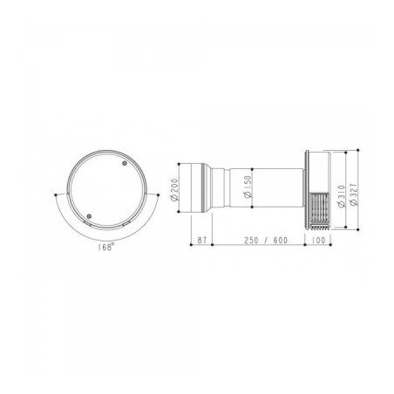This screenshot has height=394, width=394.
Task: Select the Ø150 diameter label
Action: [248, 187]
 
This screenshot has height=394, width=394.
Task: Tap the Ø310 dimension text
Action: [342, 196]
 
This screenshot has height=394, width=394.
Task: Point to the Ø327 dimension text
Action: [354, 194]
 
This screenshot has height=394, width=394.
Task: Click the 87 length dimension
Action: [201, 241]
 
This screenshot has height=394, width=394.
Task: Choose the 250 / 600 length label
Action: [266, 241]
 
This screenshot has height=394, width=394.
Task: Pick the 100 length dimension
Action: [318, 241]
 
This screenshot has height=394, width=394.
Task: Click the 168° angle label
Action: [105, 248]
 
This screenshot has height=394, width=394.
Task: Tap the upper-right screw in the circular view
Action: [125, 163]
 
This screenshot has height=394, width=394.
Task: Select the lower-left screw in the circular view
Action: [89, 216]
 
